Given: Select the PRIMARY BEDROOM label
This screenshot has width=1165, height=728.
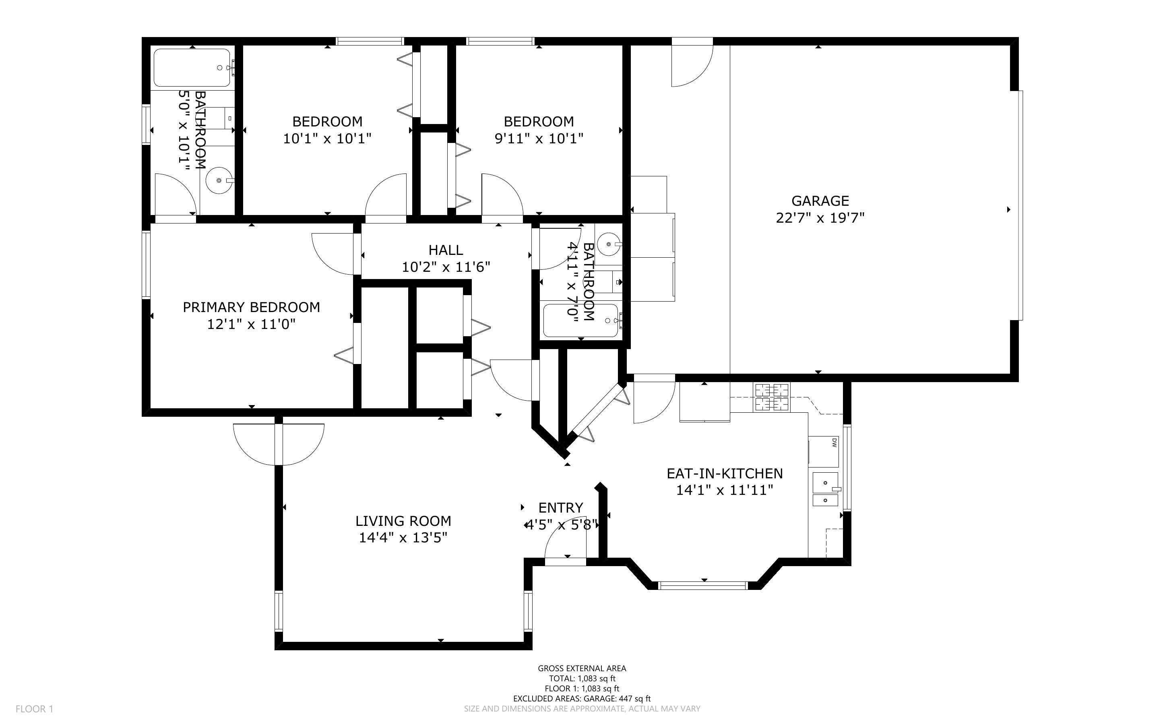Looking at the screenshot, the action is (251, 307).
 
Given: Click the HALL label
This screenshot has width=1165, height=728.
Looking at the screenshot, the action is (446, 250).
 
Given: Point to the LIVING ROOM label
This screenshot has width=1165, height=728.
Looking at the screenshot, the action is (403, 521).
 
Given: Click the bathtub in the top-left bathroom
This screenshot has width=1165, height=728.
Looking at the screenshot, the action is (192, 68).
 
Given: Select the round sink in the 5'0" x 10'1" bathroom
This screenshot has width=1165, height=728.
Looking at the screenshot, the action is (219, 180).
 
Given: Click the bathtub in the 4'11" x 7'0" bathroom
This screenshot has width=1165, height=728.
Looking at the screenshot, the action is (581, 320).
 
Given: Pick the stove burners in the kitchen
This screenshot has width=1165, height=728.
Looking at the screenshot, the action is (772, 397).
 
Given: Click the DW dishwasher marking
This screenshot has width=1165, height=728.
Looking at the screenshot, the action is (835, 442).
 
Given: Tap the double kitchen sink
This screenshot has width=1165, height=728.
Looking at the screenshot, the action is (825, 489).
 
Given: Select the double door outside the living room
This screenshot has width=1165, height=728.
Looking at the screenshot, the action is (279, 444).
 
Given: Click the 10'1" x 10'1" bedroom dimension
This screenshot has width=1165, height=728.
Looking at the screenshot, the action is (327, 139).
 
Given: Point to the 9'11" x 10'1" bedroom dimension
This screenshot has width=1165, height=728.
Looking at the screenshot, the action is (539, 139).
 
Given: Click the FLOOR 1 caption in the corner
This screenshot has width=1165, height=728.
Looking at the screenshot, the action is (34, 709).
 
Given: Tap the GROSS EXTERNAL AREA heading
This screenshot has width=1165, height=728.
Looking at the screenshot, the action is (582, 668).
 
